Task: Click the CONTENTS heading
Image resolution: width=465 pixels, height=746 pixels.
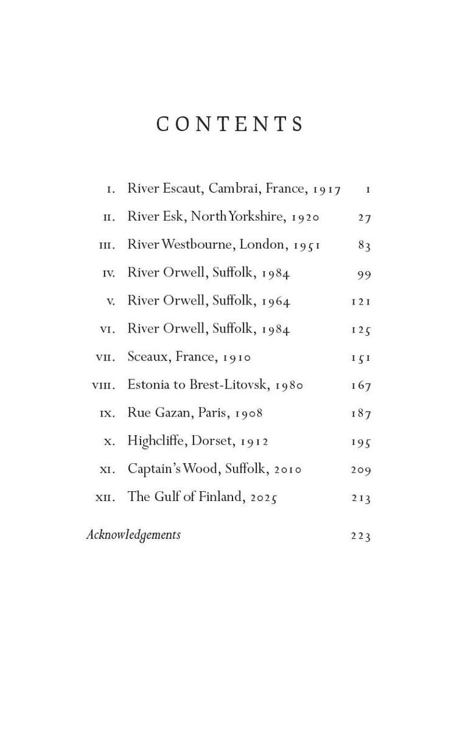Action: (231, 124)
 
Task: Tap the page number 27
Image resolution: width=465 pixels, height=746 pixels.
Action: (364, 217)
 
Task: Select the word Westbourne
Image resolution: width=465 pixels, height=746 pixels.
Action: (198, 244)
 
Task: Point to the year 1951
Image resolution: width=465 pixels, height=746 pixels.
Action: (306, 245)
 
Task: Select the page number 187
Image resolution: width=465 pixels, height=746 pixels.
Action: (361, 413)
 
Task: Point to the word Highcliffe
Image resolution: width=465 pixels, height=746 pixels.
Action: (155, 441)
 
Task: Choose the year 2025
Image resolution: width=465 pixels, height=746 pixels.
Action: (264, 497)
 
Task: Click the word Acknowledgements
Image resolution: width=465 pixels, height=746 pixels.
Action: (133, 535)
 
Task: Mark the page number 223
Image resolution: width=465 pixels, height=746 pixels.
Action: (361, 535)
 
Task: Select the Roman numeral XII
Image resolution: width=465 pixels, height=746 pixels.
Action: (104, 498)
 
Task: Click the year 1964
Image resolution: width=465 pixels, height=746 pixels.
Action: (275, 301)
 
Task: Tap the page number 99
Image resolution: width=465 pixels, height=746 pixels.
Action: (364, 274)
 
